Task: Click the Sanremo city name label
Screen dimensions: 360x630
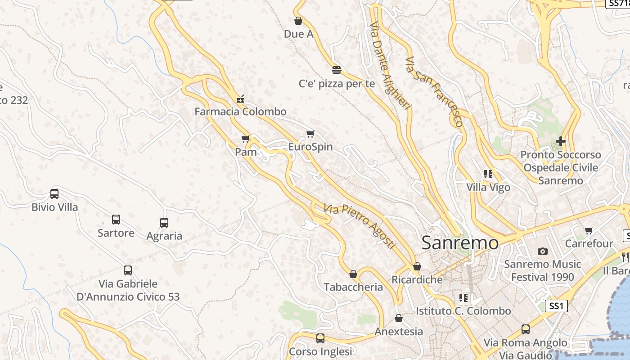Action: [x=460, y=243]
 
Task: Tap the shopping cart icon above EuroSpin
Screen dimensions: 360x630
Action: [x=310, y=134]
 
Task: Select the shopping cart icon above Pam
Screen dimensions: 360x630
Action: [x=245, y=139]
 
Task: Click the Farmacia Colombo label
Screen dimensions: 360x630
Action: [x=240, y=112]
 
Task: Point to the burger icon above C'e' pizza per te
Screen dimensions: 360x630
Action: [x=336, y=70]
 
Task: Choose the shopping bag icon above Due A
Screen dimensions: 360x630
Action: [x=298, y=21]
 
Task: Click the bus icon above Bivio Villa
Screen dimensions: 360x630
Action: [x=54, y=194]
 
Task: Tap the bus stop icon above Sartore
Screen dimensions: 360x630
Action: [x=116, y=220]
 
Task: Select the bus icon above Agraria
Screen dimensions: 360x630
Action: [x=164, y=222]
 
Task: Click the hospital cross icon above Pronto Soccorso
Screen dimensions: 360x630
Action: [x=560, y=141]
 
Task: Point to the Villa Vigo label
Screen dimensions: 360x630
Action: [x=488, y=187]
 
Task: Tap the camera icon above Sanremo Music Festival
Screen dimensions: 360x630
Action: [x=543, y=251]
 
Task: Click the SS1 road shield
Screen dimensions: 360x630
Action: [x=556, y=306]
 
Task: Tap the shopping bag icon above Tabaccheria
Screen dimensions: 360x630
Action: [x=353, y=274]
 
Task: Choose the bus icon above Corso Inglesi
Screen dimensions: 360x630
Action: [x=320, y=338]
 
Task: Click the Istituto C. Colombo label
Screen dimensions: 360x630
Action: [x=463, y=311]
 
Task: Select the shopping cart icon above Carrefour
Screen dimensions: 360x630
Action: [x=589, y=231]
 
